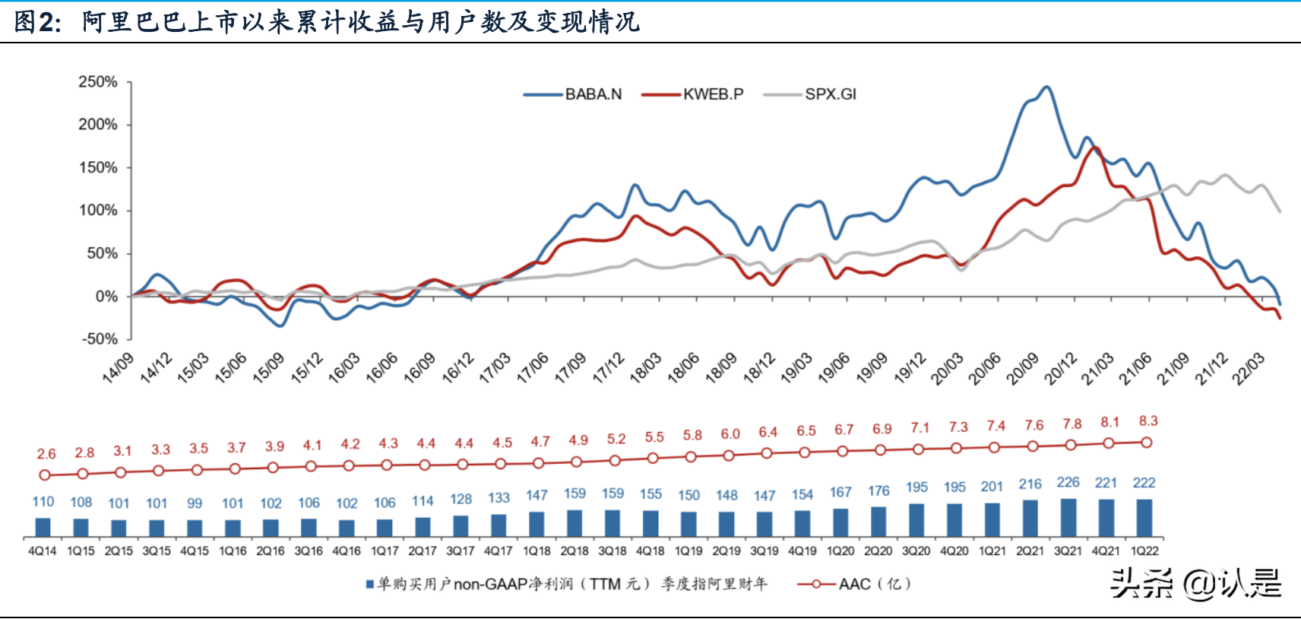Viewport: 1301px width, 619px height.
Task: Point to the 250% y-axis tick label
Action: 98,82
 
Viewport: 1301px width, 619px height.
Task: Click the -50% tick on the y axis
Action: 100,339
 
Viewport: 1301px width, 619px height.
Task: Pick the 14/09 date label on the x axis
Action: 118,367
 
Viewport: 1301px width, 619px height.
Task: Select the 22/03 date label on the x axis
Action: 1249,369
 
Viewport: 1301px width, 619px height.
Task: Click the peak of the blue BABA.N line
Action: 1047,87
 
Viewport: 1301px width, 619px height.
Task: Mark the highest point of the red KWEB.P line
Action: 1096,148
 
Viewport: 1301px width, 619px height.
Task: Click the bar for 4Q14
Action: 43,528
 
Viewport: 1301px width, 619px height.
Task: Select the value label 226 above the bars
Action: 1068,483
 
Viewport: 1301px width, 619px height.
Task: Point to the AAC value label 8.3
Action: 1148,421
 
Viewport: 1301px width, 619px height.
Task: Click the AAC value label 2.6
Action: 46,454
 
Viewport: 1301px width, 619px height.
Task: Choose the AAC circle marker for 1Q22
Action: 1147,443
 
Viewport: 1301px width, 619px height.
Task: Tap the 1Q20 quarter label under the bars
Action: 840,551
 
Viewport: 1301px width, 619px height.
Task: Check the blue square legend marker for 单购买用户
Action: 369,585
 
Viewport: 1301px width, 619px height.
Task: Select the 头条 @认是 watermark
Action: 1195,584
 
